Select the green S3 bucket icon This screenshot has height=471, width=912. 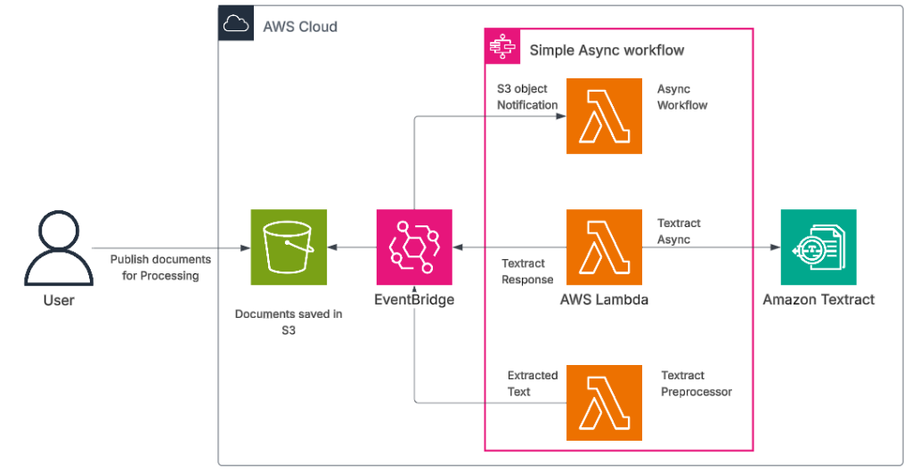289,248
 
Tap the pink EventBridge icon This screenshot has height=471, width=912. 414,248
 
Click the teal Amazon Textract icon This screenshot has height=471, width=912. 818,248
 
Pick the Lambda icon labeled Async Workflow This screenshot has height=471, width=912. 605,116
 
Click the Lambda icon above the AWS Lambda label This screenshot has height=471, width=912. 605,248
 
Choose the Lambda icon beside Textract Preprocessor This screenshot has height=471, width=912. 605,402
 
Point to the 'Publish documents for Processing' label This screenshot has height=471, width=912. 160,267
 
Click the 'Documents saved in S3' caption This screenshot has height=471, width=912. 289,321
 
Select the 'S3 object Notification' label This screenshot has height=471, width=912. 526,97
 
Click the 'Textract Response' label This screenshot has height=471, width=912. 527,272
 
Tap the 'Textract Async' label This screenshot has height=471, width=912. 679,231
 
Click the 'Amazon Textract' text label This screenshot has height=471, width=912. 818,300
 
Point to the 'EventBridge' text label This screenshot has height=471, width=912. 414,300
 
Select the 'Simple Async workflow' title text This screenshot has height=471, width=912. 607,50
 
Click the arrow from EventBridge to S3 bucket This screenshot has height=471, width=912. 351,248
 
